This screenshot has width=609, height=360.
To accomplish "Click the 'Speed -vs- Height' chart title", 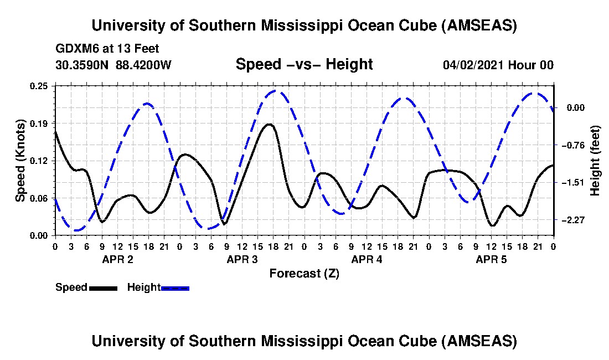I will (x=304, y=64).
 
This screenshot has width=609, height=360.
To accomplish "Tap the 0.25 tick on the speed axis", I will (x=39, y=86).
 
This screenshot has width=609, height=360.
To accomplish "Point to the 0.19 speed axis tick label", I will (x=39, y=123).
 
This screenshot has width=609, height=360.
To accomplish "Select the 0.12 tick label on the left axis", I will (x=39, y=161).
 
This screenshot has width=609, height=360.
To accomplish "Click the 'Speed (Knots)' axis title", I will (x=20, y=160).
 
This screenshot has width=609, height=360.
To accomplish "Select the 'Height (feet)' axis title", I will (x=596, y=161).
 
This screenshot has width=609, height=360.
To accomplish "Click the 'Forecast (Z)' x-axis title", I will (x=304, y=273).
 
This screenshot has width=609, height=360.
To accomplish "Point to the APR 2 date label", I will (x=117, y=259).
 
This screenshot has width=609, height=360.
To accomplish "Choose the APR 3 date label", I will (x=242, y=259).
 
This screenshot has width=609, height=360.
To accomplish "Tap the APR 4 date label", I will (x=367, y=259).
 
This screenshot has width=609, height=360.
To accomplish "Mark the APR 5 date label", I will (x=491, y=259).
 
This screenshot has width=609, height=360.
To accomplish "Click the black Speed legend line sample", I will (x=103, y=287).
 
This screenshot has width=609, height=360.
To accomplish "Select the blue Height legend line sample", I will (x=175, y=287).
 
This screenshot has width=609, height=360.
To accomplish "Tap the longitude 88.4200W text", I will (x=143, y=65).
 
